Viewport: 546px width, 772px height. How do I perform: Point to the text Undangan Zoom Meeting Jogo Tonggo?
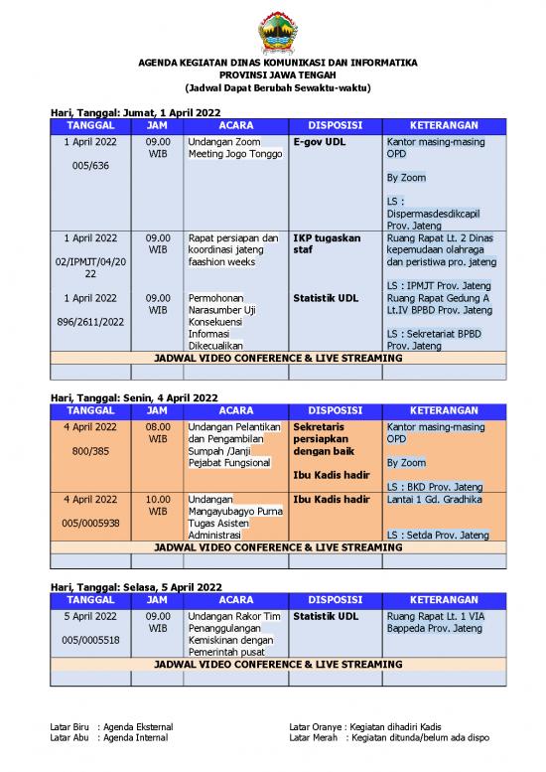(227, 148)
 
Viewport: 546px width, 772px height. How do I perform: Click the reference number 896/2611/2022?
(90, 322)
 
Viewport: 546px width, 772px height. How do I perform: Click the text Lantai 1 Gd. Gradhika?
(431, 499)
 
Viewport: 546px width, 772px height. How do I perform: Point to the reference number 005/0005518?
(90, 640)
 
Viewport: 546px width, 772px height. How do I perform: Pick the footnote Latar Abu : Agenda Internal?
(108, 738)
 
